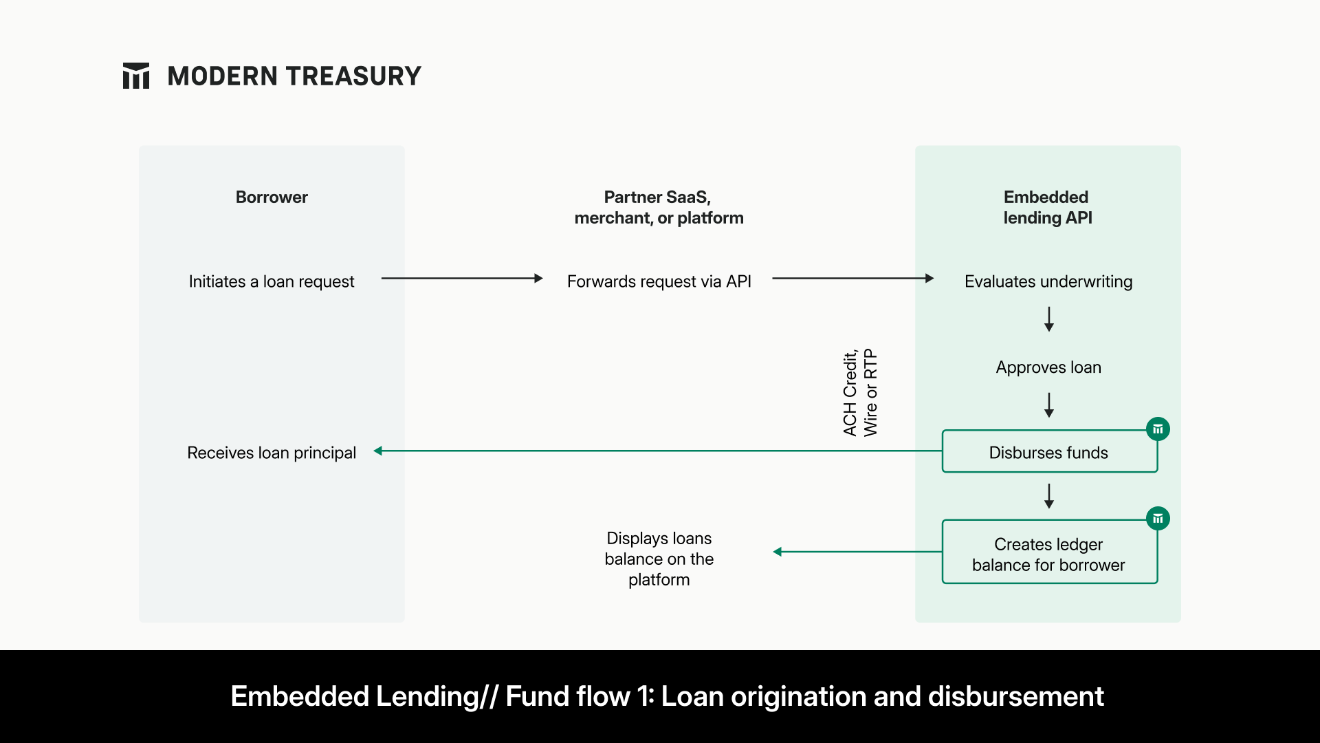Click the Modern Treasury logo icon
click(x=135, y=76)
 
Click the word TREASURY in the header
click(x=354, y=76)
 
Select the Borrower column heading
click(x=272, y=197)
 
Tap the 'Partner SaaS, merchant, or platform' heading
click(x=659, y=207)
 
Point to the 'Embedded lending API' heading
click(x=1047, y=207)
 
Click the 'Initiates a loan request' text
click(x=272, y=281)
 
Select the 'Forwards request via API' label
click(x=659, y=281)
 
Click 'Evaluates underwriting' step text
click(x=1048, y=281)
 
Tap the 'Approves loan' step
click(x=1048, y=367)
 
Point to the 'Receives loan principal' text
click(x=272, y=453)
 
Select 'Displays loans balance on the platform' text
click(x=659, y=559)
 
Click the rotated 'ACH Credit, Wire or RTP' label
click(x=860, y=393)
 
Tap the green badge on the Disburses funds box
click(x=1158, y=429)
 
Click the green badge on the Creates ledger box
click(x=1158, y=519)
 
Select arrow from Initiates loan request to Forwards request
click(x=461, y=279)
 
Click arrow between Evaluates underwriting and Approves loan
click(x=1048, y=319)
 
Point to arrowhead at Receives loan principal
click(x=378, y=451)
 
